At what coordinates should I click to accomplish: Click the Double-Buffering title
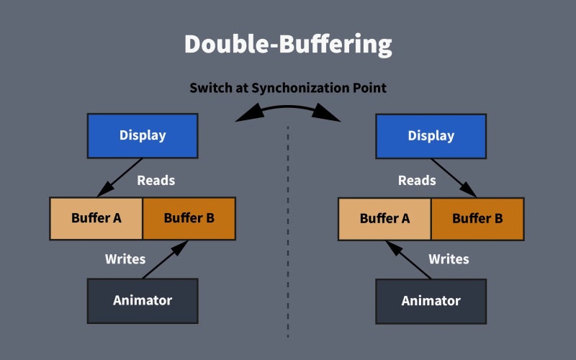pyautogui.click(x=288, y=45)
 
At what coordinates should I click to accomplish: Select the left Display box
pyautogui.click(x=142, y=135)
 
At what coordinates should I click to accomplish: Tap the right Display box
pyautogui.click(x=431, y=135)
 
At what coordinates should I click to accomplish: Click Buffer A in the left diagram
pyautogui.click(x=96, y=217)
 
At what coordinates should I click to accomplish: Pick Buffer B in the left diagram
pyautogui.click(x=189, y=217)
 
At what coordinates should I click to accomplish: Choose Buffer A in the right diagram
pyautogui.click(x=384, y=218)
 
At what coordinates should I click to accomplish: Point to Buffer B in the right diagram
pyautogui.click(x=477, y=218)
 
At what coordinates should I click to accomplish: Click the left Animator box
pyautogui.click(x=142, y=300)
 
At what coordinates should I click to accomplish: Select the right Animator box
pyautogui.click(x=431, y=300)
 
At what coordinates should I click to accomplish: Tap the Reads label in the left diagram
pyautogui.click(x=156, y=180)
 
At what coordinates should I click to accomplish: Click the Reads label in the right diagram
pyautogui.click(x=417, y=180)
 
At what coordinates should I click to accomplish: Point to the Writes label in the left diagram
pyautogui.click(x=125, y=258)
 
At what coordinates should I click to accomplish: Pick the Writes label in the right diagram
pyautogui.click(x=449, y=258)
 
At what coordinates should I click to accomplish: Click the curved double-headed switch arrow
pyautogui.click(x=288, y=108)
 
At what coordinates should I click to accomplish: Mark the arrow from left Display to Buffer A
pyautogui.click(x=120, y=177)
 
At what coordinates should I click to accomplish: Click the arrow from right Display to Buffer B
pyautogui.click(x=454, y=177)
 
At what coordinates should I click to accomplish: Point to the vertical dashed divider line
pyautogui.click(x=288, y=230)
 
